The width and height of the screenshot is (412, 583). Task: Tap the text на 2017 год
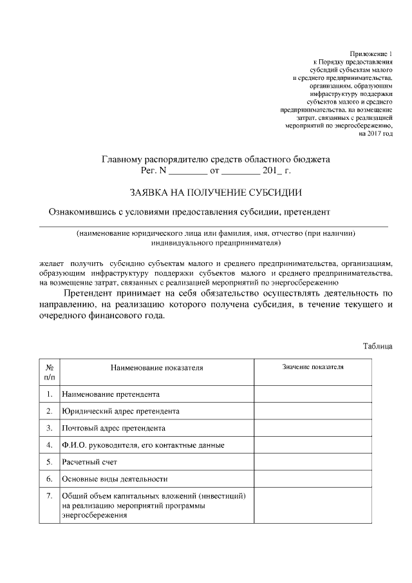pyautogui.click(x=375, y=133)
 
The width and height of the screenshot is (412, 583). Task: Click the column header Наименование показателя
pyautogui.click(x=156, y=368)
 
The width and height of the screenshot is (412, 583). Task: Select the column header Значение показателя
pyautogui.click(x=313, y=367)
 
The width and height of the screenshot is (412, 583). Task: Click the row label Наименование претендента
pyautogui.click(x=111, y=393)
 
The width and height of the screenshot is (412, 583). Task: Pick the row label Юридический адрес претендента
pyautogui.click(x=120, y=410)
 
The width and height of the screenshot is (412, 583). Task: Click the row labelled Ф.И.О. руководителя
pyautogui.click(x=143, y=444)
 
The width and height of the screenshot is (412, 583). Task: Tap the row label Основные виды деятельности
pyautogui.click(x=115, y=479)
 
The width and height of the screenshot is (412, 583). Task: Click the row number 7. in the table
pyautogui.click(x=49, y=496)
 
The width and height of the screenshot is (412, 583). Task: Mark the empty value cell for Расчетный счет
pyautogui.click(x=313, y=462)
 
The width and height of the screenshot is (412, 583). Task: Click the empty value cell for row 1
pyautogui.click(x=313, y=393)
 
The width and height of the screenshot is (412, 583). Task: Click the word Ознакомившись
pyautogui.click(x=84, y=212)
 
